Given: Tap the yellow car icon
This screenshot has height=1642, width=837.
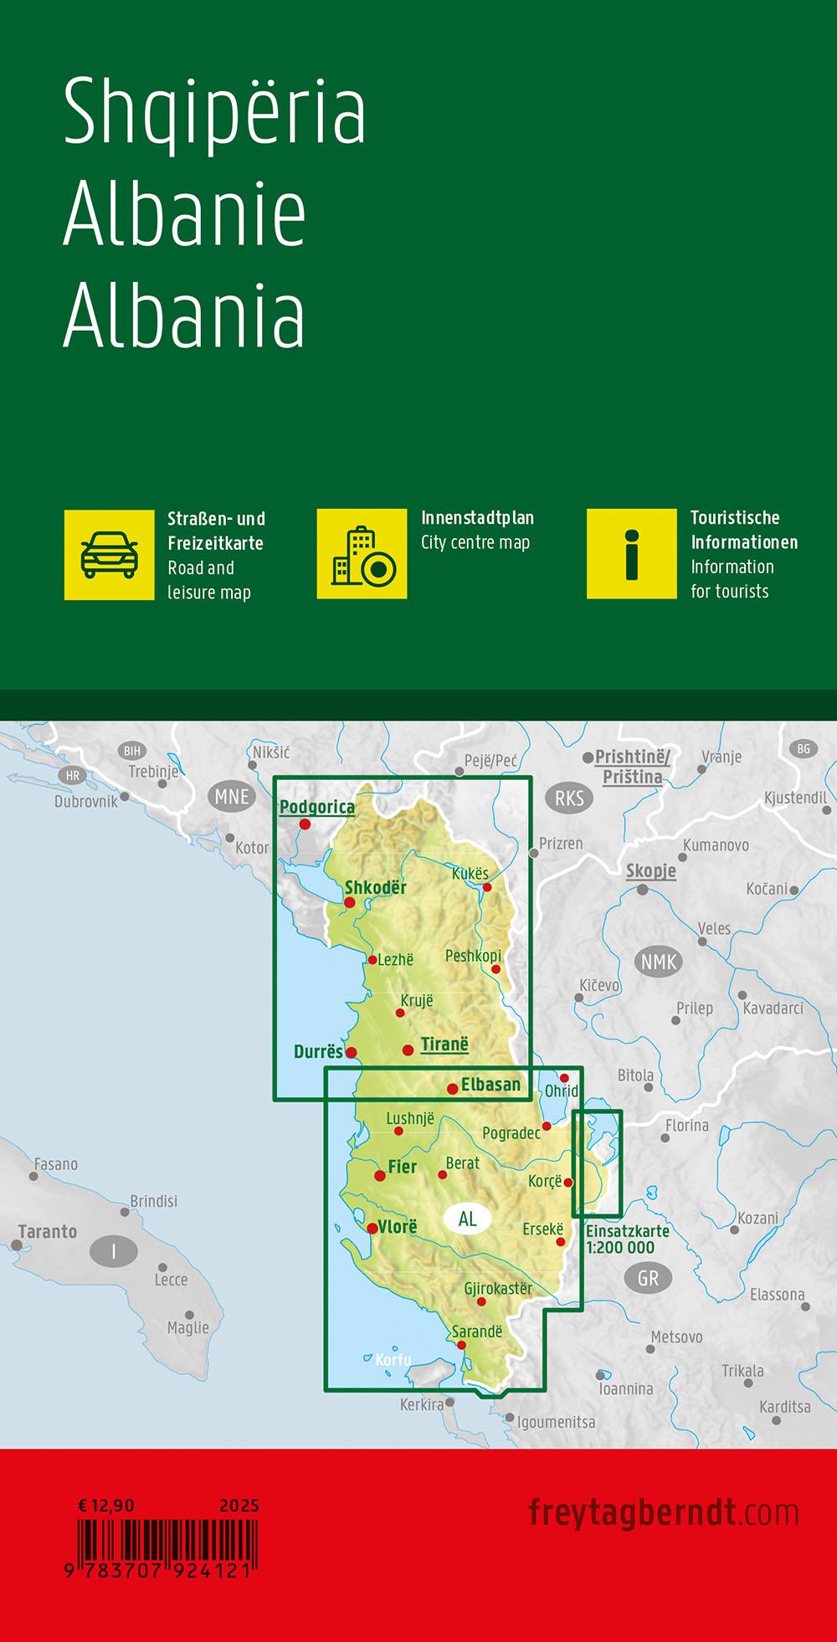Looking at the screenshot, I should click(x=110, y=554).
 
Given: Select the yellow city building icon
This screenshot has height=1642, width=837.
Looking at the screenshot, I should click(x=362, y=554).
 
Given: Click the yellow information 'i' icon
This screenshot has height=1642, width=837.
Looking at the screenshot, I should click(x=631, y=554).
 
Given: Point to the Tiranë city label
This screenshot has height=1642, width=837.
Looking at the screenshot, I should click(x=444, y=1044).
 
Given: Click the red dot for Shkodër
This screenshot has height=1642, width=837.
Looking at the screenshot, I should click(x=350, y=902).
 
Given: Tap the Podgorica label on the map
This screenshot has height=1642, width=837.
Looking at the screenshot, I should click(x=317, y=807).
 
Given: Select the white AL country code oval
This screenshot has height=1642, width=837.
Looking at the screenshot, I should click(x=467, y=1219).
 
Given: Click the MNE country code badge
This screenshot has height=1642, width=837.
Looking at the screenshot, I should click(x=232, y=796).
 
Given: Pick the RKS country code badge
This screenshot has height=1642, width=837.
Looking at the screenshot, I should click(x=569, y=798).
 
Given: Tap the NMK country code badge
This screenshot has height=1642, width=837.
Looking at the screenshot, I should click(x=659, y=962).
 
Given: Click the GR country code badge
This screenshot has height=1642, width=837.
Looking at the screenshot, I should click(x=648, y=1278).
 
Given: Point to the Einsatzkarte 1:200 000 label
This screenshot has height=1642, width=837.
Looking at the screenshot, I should click(x=627, y=1239).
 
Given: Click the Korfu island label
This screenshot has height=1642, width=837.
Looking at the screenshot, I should click(x=393, y=1360).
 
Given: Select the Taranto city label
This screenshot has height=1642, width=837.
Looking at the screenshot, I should click(x=48, y=1232).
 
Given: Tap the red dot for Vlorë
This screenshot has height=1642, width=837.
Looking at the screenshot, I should click(x=372, y=1228).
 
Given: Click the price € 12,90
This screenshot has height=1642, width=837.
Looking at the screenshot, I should click(x=106, y=1506).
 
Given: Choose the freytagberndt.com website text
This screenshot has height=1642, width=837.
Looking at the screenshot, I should click(x=664, y=1512).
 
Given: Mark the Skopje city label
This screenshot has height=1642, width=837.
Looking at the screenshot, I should click(x=651, y=870).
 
